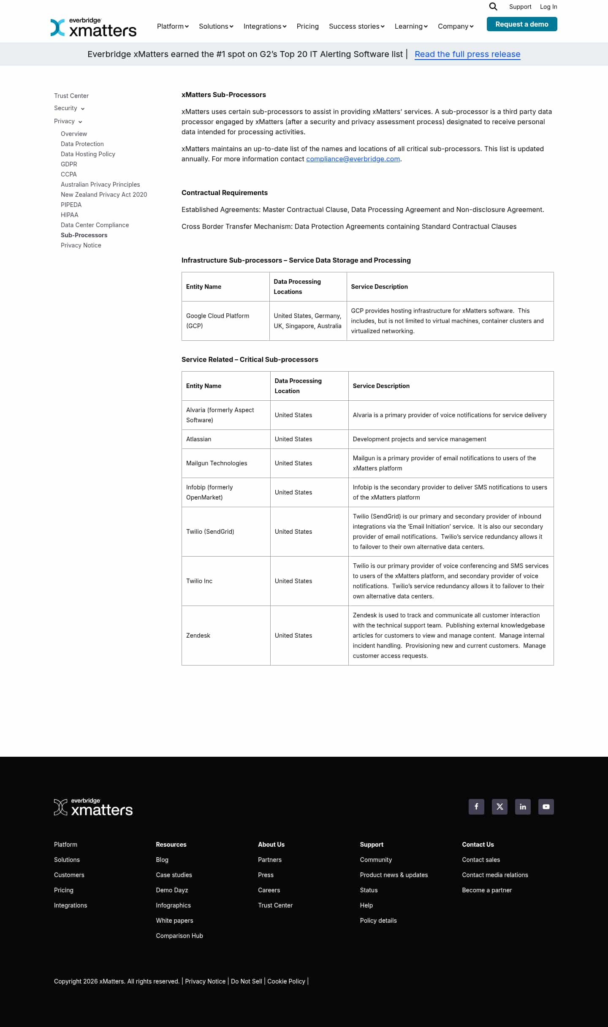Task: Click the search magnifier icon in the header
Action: click(493, 6)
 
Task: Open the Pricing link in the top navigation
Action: click(307, 26)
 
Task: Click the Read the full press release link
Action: click(467, 54)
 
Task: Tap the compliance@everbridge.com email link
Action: click(353, 159)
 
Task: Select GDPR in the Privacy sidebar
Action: click(69, 164)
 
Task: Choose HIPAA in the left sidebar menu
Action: click(70, 215)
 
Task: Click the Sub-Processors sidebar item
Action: click(84, 235)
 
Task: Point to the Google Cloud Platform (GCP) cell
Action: click(218, 321)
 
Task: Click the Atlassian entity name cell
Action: click(199, 439)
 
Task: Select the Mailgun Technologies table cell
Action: click(217, 463)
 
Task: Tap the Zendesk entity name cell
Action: click(198, 636)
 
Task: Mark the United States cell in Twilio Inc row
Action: click(293, 581)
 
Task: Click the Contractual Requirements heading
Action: click(225, 193)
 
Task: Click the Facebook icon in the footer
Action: click(476, 807)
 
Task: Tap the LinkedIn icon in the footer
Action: click(523, 807)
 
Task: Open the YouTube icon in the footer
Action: click(546, 807)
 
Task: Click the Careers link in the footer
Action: click(269, 890)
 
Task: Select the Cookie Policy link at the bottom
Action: click(286, 981)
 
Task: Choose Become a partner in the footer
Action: click(487, 890)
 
